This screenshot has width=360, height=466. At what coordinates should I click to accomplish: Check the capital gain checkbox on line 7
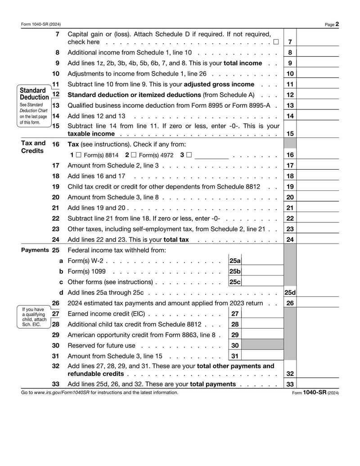(275, 42)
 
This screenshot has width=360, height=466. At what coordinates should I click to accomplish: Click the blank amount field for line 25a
(263, 261)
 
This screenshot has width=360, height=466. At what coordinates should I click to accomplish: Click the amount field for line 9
(318, 63)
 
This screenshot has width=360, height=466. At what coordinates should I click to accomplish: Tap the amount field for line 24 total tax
(318, 240)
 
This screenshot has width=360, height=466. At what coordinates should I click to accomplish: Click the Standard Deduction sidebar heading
(34, 94)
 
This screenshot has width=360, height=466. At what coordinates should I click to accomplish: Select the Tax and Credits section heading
(33, 147)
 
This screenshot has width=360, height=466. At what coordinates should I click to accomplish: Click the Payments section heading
(35, 250)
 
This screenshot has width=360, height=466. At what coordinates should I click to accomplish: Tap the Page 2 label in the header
(332, 24)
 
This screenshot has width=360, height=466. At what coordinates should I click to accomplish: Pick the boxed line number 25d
(290, 293)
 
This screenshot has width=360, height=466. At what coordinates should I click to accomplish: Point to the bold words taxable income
(91, 134)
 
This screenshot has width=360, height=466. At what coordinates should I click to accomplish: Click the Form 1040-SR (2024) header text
(41, 24)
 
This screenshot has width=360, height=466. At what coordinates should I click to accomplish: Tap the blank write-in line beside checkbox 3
(211, 155)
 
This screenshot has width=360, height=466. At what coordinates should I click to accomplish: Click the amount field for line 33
(318, 385)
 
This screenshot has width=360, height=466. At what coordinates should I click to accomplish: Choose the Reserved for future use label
(101, 345)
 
